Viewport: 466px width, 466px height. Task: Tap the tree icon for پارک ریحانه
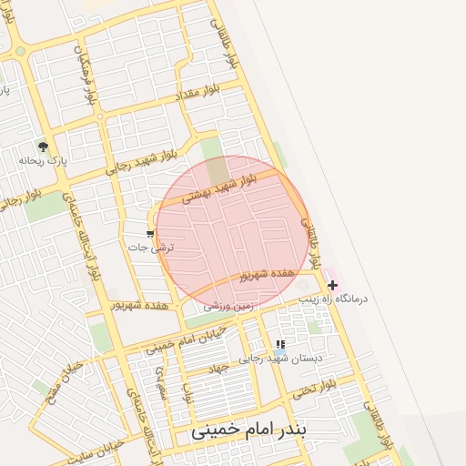[x=43, y=146]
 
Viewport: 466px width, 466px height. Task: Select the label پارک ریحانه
[x=43, y=160]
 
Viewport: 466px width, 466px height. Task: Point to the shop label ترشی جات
[x=149, y=247]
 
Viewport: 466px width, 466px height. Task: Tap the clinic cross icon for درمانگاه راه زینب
[x=332, y=285]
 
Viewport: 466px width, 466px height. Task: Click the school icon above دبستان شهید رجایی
[x=280, y=345]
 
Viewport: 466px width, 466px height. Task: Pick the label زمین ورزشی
[x=227, y=307]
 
